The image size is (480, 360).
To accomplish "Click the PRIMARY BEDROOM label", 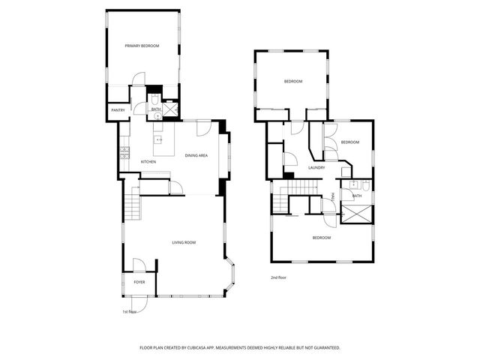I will pos(142,46).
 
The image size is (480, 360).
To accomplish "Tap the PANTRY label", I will pos(118,110).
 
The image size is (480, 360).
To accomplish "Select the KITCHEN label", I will pos(148,162).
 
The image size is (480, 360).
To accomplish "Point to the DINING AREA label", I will pos(196,155).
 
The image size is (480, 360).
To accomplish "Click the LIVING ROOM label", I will pos(184,242).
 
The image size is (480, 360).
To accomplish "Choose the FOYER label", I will pos(139,282).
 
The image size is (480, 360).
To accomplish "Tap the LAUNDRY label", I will pos(316,167).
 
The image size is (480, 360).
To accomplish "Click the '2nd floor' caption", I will pos(279,277).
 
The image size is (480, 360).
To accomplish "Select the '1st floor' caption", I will pos(129,311).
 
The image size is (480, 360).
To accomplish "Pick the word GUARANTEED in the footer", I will pos(325,348).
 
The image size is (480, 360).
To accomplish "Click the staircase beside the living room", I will pos(132,203).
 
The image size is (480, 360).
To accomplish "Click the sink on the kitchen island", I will pos(159,139).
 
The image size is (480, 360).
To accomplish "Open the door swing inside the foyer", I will pos(139,265).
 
